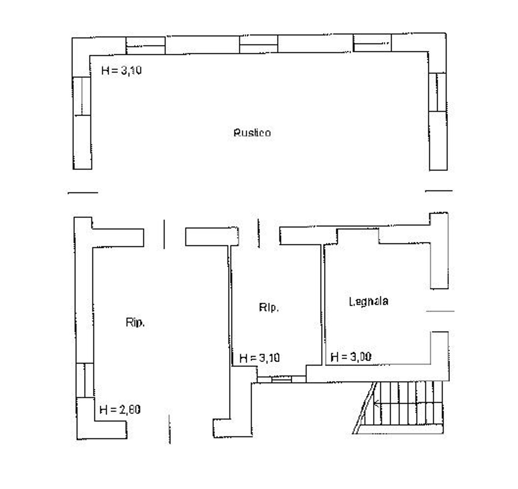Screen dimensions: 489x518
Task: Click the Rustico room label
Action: point(252,133)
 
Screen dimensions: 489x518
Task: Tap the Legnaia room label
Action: point(368,301)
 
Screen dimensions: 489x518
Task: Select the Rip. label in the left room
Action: point(135,323)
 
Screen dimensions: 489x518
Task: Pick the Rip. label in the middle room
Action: point(269,307)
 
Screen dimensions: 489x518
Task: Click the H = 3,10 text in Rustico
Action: point(121,70)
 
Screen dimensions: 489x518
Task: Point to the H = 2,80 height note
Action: point(120,410)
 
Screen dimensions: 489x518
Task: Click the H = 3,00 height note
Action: point(351,357)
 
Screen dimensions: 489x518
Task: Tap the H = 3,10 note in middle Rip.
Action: point(259,358)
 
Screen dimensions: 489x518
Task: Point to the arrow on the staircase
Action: point(377,403)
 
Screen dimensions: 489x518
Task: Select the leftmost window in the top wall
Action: point(145,46)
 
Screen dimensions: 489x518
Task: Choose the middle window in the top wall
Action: point(259,44)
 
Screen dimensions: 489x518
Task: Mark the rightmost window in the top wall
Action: point(372,43)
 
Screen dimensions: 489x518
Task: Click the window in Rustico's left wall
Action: point(82,96)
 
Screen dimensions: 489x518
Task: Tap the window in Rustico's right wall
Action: point(438,92)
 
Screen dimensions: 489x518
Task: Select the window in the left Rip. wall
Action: point(85,380)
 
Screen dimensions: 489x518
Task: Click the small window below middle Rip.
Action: point(281,379)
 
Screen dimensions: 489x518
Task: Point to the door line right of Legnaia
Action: point(440,311)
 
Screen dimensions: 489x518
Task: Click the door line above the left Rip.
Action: point(164,234)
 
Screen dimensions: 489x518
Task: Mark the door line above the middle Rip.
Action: point(258,233)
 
